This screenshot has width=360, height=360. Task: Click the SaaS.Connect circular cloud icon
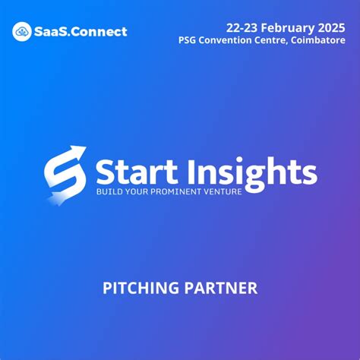point(22,31)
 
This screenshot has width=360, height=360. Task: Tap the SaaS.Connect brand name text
point(81,32)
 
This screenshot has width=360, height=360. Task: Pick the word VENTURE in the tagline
point(223,192)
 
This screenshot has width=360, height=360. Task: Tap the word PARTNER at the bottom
point(221,288)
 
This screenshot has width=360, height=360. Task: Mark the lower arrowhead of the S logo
point(52,199)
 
